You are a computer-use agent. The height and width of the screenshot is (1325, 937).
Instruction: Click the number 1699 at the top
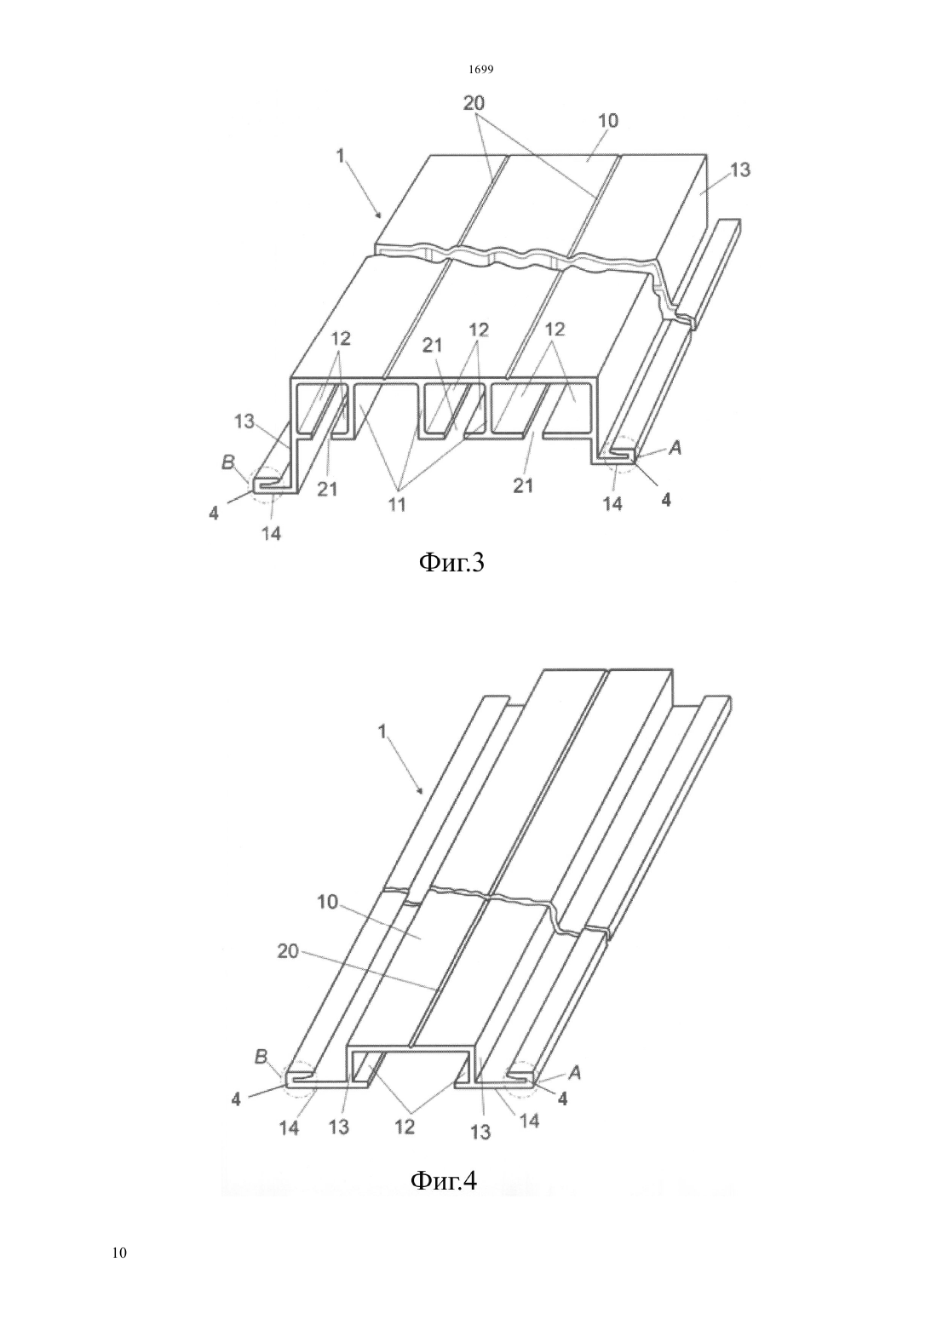tap(481, 70)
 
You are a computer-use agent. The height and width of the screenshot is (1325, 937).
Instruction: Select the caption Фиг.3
tap(451, 563)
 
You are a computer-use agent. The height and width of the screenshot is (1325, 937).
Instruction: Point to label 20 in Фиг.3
tap(474, 103)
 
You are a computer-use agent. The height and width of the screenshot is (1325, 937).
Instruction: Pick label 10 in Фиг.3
tap(608, 121)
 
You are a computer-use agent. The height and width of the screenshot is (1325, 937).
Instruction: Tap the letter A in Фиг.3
tap(675, 449)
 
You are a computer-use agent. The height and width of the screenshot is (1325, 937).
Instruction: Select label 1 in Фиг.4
tap(382, 732)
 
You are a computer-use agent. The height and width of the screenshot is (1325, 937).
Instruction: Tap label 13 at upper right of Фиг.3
tap(740, 170)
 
